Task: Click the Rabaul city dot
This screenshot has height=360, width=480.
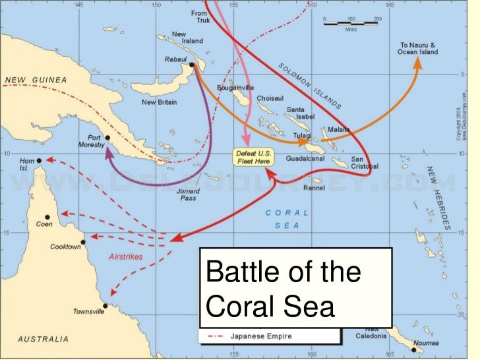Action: pos(191,65)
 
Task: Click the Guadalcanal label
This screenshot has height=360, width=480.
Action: pos(305,159)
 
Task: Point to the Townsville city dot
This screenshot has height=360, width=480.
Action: pos(104,305)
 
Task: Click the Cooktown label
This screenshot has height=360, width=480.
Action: pos(65,247)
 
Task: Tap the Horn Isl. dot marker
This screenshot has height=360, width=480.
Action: pos(39,160)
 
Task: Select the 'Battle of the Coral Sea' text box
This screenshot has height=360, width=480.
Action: pos(295,288)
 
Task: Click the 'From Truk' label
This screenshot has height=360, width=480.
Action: pos(198,16)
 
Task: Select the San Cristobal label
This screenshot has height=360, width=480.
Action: pos(365,162)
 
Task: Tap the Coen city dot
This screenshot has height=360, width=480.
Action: pos(47,217)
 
